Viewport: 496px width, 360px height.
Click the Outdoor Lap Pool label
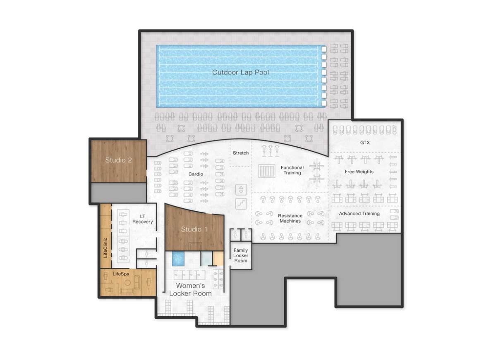[240, 72]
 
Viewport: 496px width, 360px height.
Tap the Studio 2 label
[118, 160]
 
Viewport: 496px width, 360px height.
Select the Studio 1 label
[194, 229]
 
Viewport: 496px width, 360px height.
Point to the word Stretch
[241, 153]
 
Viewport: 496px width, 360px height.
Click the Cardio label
[196, 174]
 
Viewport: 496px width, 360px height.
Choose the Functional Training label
[292, 170]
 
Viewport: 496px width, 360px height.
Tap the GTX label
[365, 143]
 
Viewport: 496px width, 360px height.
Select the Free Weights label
[359, 172]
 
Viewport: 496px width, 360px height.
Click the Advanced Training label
[359, 214]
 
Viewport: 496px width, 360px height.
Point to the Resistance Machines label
[290, 218]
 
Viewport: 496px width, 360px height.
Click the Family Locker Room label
[241, 255]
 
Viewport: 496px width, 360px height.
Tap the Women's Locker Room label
[190, 289]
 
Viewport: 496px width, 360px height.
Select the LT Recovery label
[143, 219]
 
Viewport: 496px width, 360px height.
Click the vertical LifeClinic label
[105, 248]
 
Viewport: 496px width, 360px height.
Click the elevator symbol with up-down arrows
[241, 190]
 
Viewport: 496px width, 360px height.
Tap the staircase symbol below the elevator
[241, 203]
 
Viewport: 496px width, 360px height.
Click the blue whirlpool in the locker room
[178, 259]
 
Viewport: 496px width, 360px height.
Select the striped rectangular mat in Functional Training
[267, 171]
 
